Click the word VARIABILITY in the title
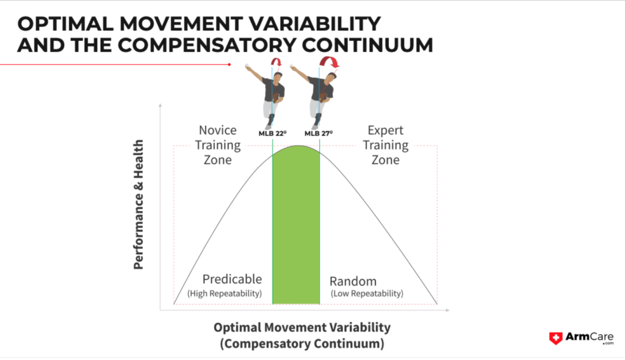314,24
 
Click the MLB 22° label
273,133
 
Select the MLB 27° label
319,133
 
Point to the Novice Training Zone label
218,145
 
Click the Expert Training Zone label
386,145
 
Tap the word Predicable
232,279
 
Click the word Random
353,281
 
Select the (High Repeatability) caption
225,293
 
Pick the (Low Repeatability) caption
367,293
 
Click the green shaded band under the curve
296,227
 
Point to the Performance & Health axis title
139,204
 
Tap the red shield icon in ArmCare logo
555,338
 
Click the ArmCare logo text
590,337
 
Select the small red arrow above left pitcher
276,62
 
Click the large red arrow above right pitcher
329,62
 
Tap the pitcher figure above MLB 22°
267,96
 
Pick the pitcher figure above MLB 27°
315,96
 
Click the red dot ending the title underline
229,65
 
